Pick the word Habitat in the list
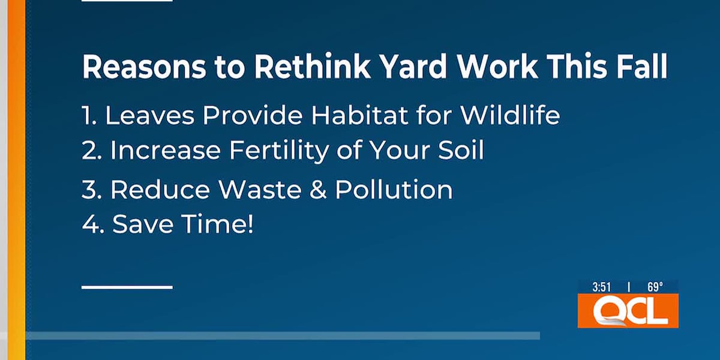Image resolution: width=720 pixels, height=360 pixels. point(344,116)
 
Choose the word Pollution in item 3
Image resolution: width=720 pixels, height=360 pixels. point(394,190)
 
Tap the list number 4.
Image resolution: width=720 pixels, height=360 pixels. point(91,226)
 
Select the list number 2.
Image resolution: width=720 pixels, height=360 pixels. point(91,151)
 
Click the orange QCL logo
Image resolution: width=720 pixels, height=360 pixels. point(628,311)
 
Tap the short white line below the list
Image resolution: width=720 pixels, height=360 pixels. point(127,287)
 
